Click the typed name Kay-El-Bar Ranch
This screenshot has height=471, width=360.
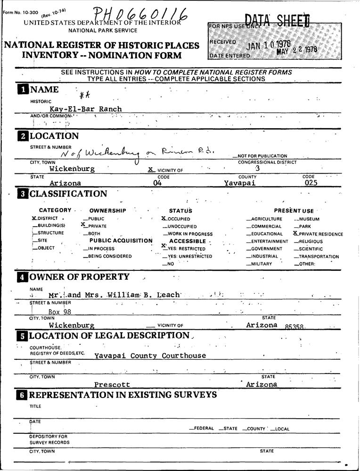point(86,109)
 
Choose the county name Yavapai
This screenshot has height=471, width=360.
point(240,183)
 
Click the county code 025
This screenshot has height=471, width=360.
point(311,183)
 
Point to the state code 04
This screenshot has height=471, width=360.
point(157,183)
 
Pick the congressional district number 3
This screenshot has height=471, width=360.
point(257,168)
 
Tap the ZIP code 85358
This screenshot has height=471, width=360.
point(295,326)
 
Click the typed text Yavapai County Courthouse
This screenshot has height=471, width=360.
point(150,356)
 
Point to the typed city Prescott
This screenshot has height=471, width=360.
point(112,385)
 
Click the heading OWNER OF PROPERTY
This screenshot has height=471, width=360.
point(79,277)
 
